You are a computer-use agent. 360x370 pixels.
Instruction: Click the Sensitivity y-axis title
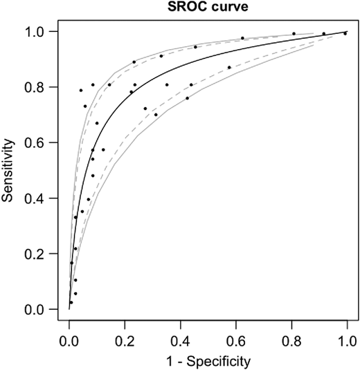click(x=10, y=170)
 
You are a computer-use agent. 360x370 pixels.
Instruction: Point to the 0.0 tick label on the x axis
click(x=69, y=340)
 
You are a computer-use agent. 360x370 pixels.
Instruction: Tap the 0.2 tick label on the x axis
click(x=125, y=340)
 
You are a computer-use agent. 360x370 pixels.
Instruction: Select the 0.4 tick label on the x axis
click(x=180, y=340)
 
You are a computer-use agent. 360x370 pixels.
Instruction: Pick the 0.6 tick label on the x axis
click(x=235, y=340)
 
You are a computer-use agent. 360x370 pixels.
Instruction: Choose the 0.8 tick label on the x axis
click(x=291, y=340)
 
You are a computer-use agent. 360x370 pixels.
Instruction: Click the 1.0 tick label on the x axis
click(x=346, y=340)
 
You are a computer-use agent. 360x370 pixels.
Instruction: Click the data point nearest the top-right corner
click(x=345, y=33)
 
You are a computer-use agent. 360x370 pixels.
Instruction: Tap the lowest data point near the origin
click(x=71, y=302)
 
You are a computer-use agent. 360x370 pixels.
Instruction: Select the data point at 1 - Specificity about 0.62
click(x=242, y=38)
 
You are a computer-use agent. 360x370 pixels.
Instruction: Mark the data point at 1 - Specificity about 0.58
click(x=229, y=67)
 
